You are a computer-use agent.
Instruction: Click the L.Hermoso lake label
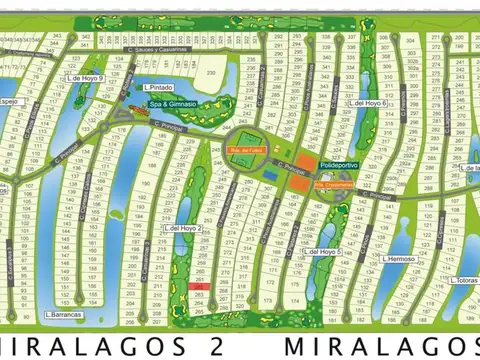coord(397,258)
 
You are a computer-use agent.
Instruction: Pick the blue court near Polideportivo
coord(271,171)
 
